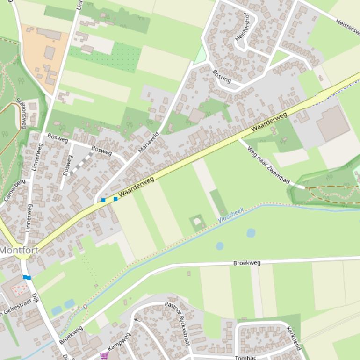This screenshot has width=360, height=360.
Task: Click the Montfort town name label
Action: [19, 250]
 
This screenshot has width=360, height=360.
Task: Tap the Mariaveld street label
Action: [149, 143]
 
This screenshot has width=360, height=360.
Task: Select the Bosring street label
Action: [222, 76]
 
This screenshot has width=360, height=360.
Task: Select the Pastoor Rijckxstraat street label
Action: [177, 323]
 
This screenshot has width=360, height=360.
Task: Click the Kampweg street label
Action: [119, 342]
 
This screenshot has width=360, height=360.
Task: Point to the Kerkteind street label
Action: [294, 338]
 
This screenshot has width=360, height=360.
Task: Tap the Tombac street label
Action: [245, 358]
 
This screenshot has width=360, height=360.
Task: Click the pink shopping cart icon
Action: [104, 355]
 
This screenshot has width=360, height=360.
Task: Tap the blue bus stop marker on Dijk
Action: [27, 277]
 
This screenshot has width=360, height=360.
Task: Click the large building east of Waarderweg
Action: [333, 123]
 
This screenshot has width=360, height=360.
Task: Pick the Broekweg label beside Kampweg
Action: [71, 335]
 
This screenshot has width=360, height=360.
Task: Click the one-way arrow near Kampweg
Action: [136, 320]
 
